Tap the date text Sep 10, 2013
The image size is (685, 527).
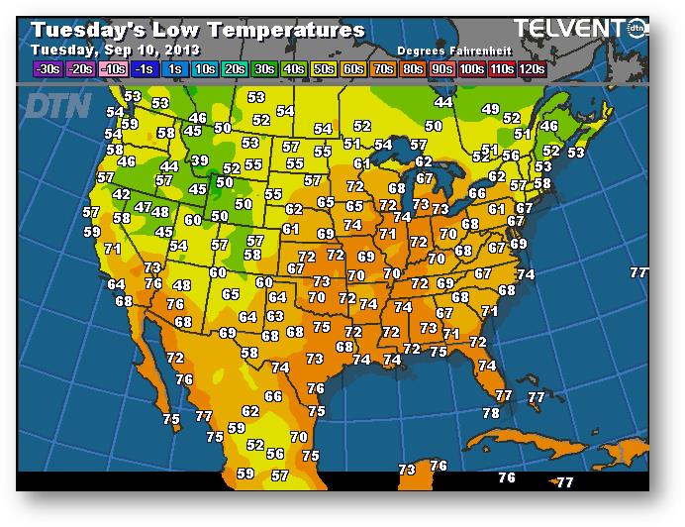(148, 50)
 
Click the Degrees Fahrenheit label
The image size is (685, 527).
(453, 51)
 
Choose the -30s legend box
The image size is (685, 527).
(48, 68)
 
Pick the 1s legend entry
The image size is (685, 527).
(174, 68)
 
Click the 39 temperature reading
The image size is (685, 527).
(200, 160)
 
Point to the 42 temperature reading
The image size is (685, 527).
(122, 195)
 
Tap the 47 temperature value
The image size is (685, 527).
(144, 208)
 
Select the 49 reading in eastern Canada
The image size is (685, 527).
(490, 109)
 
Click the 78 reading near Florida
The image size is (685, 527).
(491, 413)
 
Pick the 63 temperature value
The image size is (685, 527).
(276, 316)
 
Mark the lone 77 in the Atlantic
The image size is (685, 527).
(639, 272)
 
